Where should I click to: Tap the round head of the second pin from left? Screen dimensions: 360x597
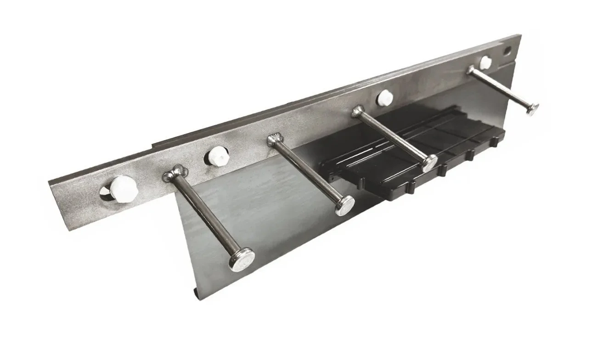pyautogui.click(x=345, y=205)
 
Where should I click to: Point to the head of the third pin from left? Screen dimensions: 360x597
pyautogui.click(x=430, y=163)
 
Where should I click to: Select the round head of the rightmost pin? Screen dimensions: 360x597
pyautogui.click(x=531, y=109)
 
